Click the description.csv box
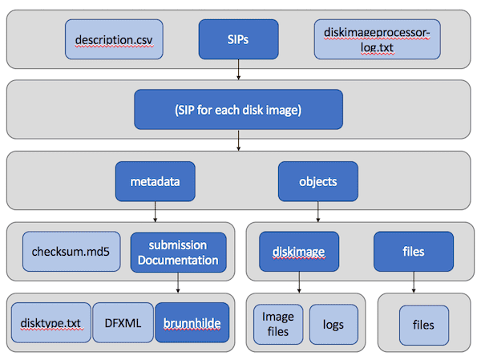(x=114, y=39)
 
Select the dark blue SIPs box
(x=238, y=39)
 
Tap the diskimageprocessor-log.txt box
(x=377, y=39)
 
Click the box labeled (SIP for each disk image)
(x=238, y=110)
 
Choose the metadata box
(x=156, y=181)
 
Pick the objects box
(x=317, y=181)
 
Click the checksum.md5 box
(x=71, y=252)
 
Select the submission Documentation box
(x=178, y=253)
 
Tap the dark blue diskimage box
(x=299, y=252)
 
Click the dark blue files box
(x=414, y=252)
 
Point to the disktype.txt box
(x=51, y=322)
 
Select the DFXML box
(x=123, y=322)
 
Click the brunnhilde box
(x=192, y=322)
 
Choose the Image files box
(x=278, y=325)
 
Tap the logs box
(x=333, y=325)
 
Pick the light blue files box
(x=423, y=325)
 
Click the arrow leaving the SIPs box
(x=238, y=70)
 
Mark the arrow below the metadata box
(x=156, y=212)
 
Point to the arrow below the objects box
(x=317, y=212)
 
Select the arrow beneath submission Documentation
(x=178, y=282)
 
